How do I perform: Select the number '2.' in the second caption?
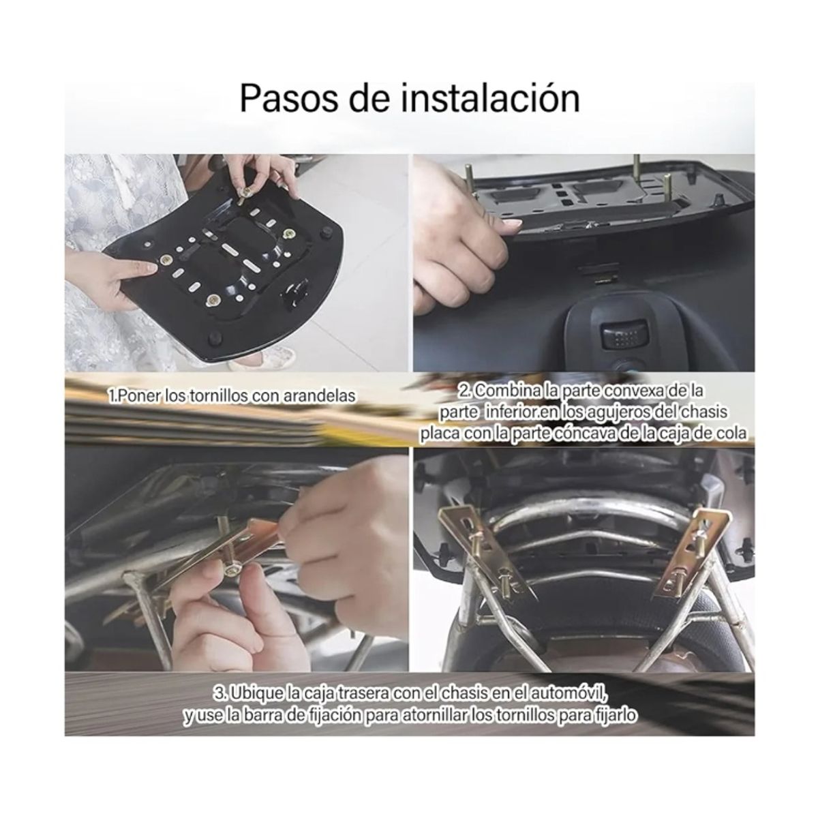coord(466,391)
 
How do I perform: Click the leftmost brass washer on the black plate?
coord(166,260)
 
